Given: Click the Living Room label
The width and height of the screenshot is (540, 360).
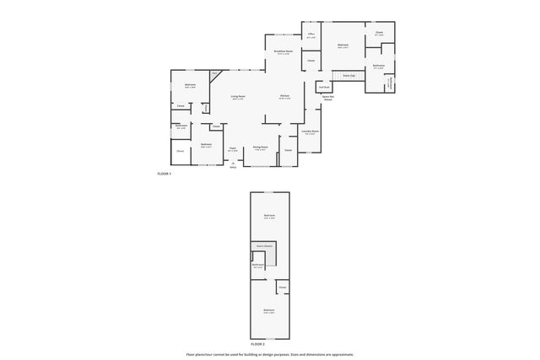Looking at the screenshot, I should click(238, 97).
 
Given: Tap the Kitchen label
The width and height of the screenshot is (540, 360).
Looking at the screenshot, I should click(285, 96).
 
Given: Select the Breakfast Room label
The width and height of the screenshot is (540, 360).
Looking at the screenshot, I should click(283, 51).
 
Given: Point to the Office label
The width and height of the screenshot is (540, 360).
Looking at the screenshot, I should click(310, 35).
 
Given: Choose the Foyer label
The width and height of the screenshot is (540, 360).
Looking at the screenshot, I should click(232, 148).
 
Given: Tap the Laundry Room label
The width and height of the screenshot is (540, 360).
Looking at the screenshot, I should click(310, 132).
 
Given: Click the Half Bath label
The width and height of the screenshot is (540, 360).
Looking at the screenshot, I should click(323, 87).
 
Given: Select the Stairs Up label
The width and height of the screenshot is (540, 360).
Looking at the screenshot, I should click(347, 75).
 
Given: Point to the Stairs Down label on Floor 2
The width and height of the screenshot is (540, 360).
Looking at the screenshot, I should click(264, 246).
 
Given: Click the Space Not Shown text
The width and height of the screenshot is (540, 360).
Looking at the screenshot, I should click(327, 99).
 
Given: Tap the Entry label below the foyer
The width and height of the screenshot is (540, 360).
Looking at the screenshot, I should click(233, 167).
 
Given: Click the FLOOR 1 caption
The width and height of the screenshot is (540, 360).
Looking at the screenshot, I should click(164, 174).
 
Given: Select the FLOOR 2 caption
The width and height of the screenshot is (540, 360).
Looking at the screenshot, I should click(258, 344).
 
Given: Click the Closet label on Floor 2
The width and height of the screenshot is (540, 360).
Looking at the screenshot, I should click(282, 287).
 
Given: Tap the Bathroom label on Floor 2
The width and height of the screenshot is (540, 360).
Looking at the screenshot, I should click(257, 265).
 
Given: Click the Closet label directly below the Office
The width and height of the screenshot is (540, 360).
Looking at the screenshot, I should click(310, 61).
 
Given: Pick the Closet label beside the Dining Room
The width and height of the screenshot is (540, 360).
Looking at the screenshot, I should click(288, 150).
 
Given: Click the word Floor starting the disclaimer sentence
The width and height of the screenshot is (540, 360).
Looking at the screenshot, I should click(190, 354).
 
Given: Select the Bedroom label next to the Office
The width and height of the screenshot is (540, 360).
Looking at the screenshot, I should click(343, 45).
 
